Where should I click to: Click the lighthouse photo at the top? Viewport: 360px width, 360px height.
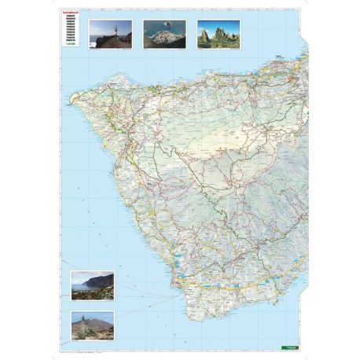(109, 35)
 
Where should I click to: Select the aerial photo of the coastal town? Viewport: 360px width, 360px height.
(164, 35)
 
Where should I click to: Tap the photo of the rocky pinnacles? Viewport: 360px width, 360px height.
(218, 35)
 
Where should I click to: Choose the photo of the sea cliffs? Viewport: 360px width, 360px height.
(92, 286)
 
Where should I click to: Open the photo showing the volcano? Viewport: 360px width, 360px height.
(92, 325)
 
